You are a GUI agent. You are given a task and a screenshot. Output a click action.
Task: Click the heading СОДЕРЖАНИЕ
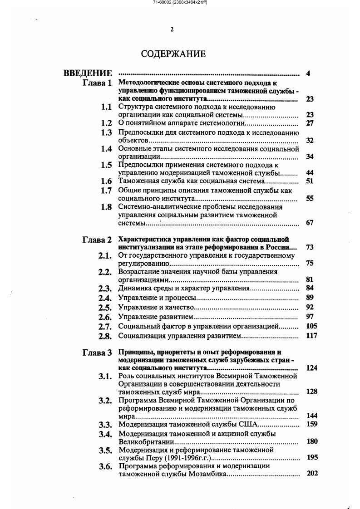click(173, 54)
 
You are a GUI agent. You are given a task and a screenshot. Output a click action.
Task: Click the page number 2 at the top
click(172, 29)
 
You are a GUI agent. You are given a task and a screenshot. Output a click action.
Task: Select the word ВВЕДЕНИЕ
click(88, 73)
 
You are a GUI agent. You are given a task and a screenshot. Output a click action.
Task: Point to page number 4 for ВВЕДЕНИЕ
click(308, 73)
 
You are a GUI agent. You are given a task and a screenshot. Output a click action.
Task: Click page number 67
click(310, 223)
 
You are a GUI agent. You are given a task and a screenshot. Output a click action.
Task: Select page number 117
click(311, 336)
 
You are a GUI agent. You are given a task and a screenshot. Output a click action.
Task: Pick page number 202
click(312, 473)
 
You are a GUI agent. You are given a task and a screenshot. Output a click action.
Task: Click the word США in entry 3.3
click(248, 425)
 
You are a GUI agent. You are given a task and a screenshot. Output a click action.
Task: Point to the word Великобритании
click(145, 441)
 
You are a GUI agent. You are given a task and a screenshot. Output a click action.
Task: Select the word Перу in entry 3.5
click(149, 458)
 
